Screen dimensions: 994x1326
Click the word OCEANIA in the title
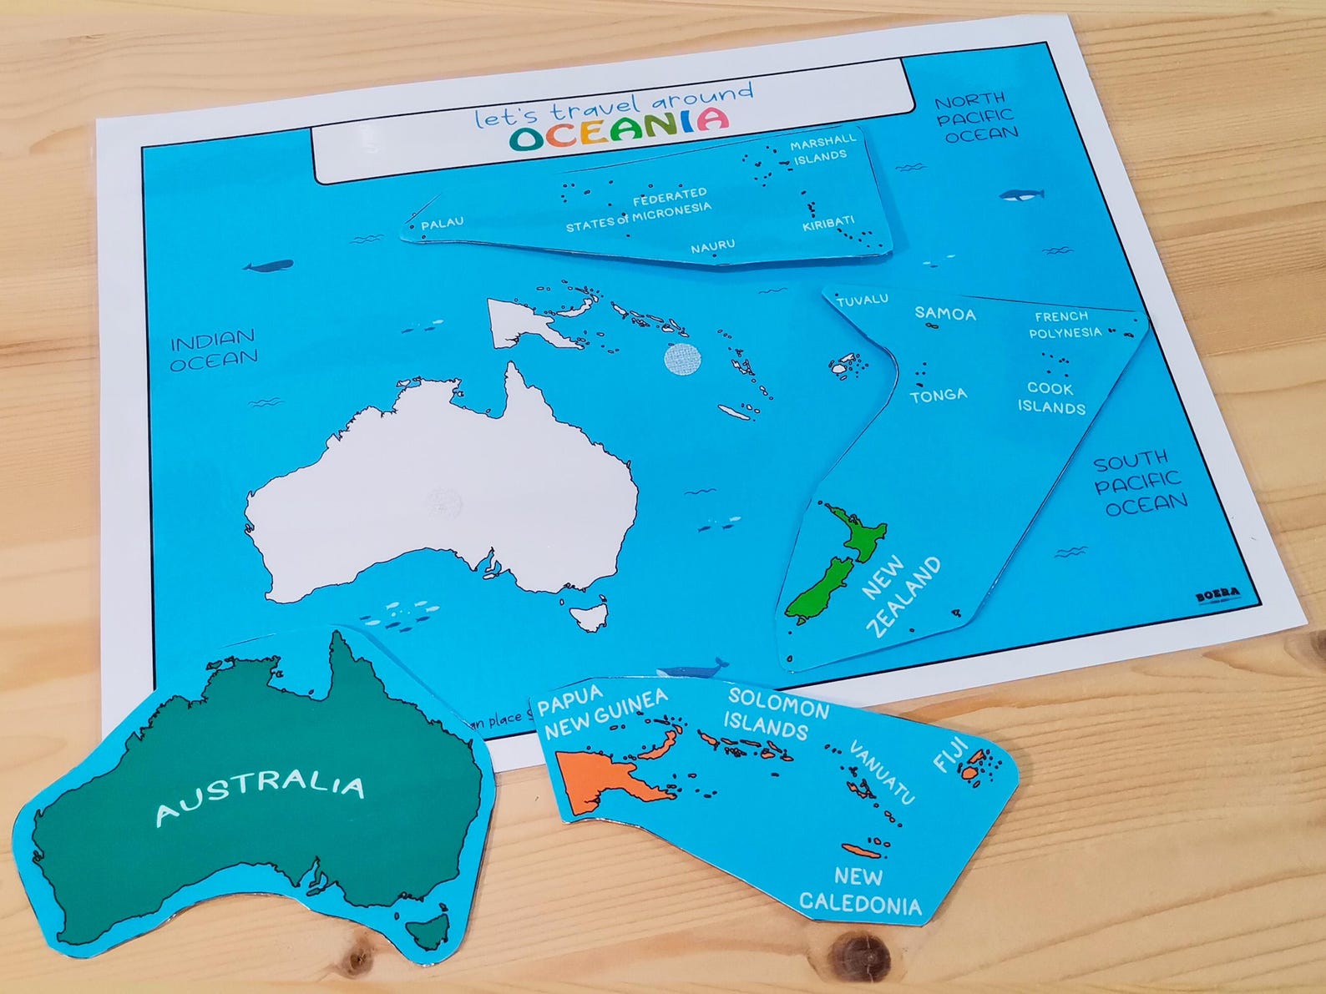coord(619,129)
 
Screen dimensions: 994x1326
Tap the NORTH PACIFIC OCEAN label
coord(976,117)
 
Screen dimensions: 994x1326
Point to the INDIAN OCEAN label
coord(214,350)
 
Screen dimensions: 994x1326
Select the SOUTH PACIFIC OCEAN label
coord(1141,482)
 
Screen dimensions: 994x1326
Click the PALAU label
coord(442,224)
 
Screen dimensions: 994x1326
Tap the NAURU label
coord(712,246)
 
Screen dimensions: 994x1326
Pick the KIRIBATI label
coord(828,223)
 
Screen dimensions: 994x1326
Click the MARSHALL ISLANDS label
coord(822,149)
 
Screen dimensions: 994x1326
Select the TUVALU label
coord(862,300)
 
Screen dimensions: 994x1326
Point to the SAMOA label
coord(944,314)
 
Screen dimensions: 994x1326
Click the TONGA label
coord(938,395)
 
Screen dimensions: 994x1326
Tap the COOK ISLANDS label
coord(1050,398)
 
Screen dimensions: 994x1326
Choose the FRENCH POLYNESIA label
coord(1063,325)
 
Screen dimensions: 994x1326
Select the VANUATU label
coord(883,772)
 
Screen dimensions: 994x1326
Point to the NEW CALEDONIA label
coord(860,891)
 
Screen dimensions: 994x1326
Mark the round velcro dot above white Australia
coord(681,360)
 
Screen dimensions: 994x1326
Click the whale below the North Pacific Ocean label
coord(1020,195)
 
